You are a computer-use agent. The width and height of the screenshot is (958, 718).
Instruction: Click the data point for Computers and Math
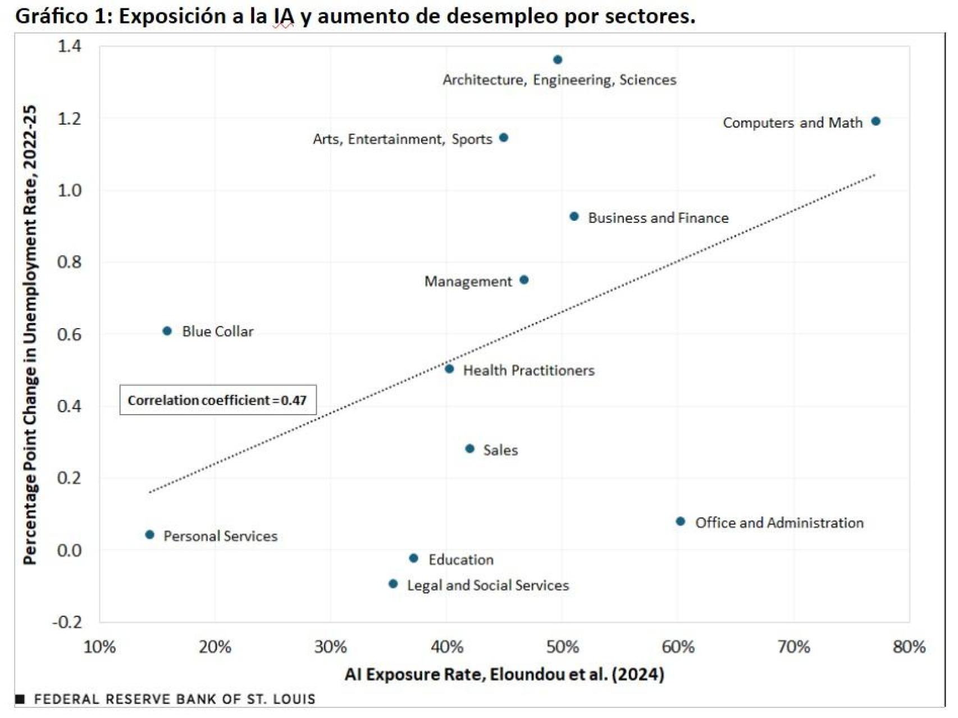pos(875,121)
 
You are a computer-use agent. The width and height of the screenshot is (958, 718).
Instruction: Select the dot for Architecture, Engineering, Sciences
pos(558,60)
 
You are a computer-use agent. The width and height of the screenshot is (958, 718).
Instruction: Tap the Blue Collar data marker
pos(167,331)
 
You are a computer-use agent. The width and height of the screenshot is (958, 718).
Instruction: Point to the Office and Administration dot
pos(680,521)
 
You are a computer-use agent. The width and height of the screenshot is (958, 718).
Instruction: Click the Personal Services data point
pos(149,534)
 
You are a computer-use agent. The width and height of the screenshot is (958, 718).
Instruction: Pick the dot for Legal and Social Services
pos(393,584)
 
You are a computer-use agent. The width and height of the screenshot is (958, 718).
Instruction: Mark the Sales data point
pos(470,448)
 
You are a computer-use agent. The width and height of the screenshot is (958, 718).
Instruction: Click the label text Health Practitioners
pos(528,370)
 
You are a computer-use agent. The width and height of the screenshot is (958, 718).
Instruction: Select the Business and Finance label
pos(658,218)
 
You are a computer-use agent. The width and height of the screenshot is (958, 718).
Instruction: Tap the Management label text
pos(468,281)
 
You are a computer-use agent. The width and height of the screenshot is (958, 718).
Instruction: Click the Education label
pos(460,560)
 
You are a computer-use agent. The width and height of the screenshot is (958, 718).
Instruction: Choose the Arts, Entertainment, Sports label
pos(402,139)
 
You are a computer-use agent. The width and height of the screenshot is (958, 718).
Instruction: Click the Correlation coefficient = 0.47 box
pos(218,400)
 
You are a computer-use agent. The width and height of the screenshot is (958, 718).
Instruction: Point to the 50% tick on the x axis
pos(562,647)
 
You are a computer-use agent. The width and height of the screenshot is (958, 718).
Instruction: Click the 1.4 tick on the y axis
pos(69,46)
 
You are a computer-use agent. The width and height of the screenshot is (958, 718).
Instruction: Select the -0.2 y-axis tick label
pos(67,622)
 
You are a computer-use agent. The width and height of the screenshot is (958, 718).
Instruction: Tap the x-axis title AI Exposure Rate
pos(504,674)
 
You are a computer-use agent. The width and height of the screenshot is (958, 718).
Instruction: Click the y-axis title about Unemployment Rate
pos(30,334)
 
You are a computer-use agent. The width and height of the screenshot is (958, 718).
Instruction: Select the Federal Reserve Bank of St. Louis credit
pos(174,699)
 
